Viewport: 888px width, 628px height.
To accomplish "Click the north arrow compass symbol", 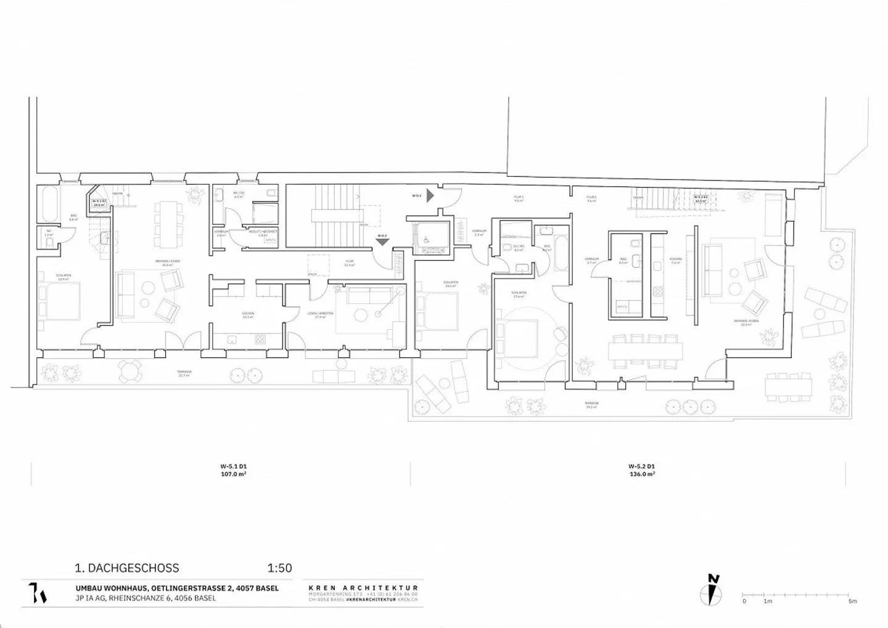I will (712, 590).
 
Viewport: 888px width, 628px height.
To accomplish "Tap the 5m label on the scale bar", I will (852, 601).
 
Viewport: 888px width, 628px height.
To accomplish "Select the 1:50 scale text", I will (279, 568).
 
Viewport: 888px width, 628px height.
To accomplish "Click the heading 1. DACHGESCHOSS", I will (127, 568).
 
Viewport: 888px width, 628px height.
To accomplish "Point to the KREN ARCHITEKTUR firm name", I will (363, 588).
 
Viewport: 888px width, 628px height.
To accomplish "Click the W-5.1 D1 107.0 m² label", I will (234, 470).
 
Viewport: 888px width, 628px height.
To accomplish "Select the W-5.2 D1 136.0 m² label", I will (641, 470).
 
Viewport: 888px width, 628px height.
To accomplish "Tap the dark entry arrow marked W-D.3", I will (430, 196).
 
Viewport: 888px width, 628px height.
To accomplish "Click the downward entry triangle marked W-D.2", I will (382, 242).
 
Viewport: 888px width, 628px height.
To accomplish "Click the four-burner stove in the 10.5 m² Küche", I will (260, 339).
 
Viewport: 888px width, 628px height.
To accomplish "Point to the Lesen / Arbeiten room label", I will (320, 315).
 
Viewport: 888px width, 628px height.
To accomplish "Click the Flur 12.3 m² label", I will (349, 263).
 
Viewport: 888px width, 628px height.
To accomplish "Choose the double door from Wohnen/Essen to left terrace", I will (184, 341).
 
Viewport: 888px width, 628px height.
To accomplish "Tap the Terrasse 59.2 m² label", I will (591, 405).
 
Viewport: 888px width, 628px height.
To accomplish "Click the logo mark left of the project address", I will (38, 593).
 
